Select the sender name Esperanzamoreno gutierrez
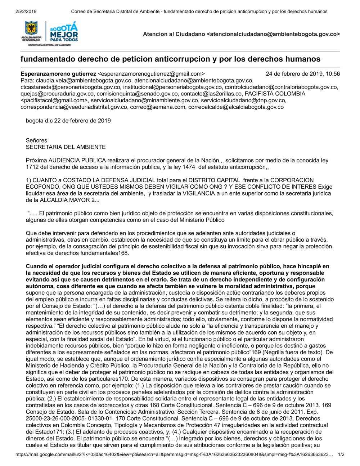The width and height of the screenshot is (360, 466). [58, 74]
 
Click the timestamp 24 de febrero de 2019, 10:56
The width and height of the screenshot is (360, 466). [303, 74]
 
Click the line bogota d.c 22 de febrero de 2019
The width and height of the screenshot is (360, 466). [68, 121]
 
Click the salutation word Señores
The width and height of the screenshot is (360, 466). [36, 140]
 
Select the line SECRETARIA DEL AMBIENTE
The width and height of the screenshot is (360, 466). [66, 147]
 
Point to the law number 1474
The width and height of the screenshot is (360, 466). [189, 167]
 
